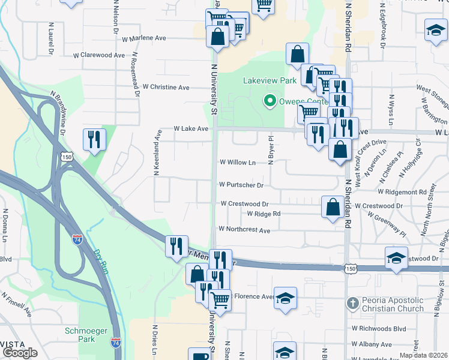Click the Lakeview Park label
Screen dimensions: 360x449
click(270, 80)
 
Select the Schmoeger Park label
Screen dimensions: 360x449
click(80, 335)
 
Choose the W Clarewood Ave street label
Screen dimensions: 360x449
click(99, 55)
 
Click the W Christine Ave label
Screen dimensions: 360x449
click(166, 87)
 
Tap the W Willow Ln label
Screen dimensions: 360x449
click(237, 162)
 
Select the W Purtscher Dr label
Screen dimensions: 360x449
click(241, 185)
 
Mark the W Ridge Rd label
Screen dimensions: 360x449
click(264, 214)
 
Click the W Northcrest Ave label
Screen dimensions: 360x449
click(244, 229)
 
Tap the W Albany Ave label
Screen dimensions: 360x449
click(372, 344)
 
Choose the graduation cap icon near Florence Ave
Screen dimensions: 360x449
click(286, 298)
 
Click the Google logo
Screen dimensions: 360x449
click(20, 353)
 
